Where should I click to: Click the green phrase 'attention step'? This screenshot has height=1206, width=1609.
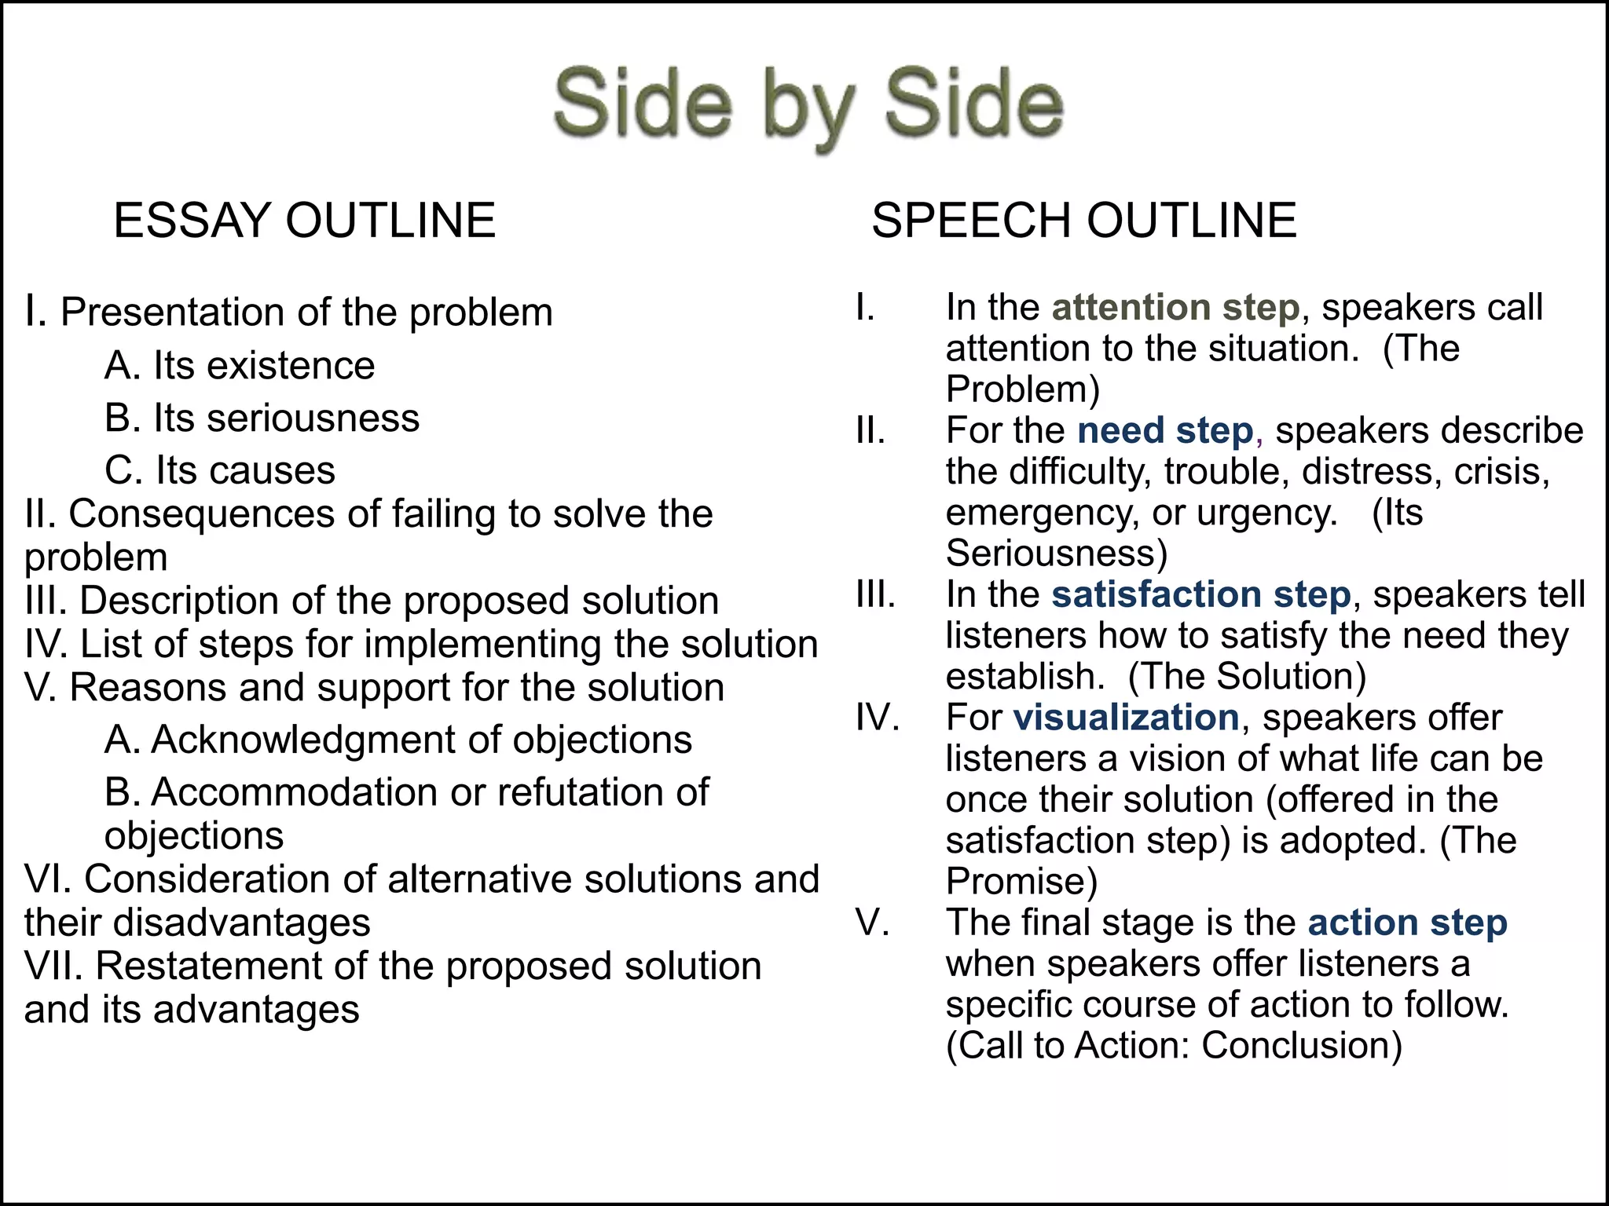(1175, 307)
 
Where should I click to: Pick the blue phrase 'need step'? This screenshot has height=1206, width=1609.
(1165, 430)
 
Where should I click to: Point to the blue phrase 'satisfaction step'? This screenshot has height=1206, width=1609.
(1200, 594)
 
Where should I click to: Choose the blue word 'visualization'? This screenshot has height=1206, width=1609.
(1126, 718)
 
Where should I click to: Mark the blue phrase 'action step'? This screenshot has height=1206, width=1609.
(1407, 923)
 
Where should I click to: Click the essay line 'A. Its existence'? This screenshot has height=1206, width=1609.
(240, 366)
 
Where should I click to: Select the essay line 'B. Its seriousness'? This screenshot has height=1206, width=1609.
(262, 418)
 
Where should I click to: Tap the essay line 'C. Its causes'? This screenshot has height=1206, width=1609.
(220, 470)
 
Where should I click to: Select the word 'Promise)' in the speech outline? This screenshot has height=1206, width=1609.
(1021, 881)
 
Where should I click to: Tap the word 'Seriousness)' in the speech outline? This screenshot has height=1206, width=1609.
(1056, 554)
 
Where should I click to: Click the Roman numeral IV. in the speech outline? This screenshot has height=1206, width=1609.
(878, 718)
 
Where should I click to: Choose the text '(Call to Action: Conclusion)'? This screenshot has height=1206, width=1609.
(1174, 1046)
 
